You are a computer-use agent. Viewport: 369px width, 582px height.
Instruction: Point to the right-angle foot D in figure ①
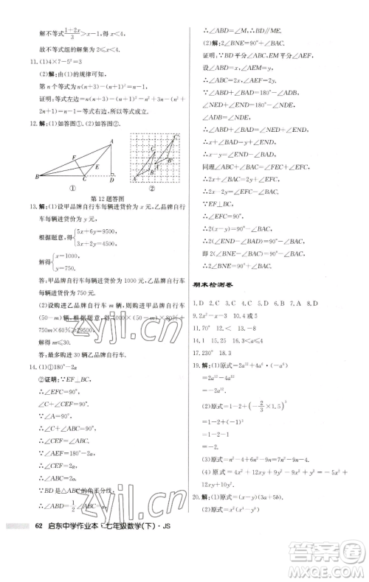coord(111,178)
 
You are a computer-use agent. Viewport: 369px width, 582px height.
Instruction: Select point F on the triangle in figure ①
coord(73,156)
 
